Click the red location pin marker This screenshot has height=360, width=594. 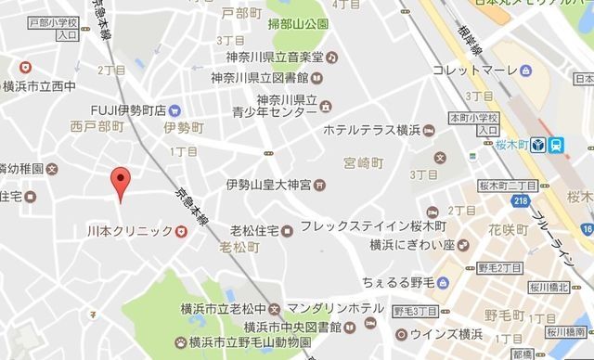click(x=118, y=181)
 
